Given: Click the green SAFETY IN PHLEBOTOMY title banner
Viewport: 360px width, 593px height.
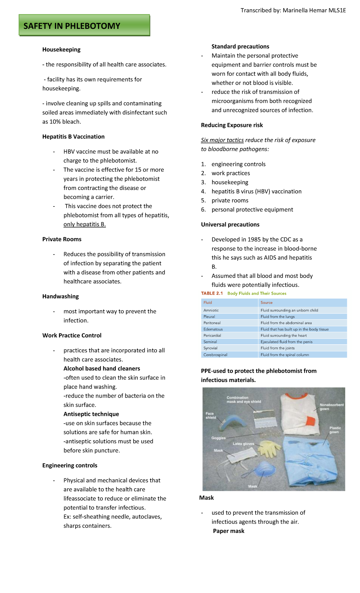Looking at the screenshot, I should click(x=84, y=26).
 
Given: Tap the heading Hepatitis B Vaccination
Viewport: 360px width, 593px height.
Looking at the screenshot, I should click(x=73, y=137).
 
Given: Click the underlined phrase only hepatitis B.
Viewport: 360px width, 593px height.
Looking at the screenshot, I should click(x=85, y=224).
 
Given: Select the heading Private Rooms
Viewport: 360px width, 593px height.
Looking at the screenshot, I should click(x=62, y=239).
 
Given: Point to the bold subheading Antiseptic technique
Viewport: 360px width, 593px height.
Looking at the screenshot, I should click(x=91, y=414).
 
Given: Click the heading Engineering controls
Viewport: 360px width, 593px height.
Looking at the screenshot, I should click(x=70, y=465).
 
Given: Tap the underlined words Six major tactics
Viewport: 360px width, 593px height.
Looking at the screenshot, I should click(x=222, y=140).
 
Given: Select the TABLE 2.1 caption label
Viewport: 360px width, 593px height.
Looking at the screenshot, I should click(x=212, y=293).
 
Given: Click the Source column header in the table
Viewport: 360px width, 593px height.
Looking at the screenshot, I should click(x=266, y=303).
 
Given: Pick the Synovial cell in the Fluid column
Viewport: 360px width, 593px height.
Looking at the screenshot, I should click(x=210, y=348).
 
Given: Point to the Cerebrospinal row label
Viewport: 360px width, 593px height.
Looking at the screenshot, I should click(x=215, y=355).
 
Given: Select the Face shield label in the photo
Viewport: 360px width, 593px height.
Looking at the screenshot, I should click(x=211, y=415).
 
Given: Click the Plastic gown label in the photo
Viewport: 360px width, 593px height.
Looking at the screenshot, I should click(x=335, y=430).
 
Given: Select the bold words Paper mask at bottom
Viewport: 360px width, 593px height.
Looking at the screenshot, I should click(x=229, y=531).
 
